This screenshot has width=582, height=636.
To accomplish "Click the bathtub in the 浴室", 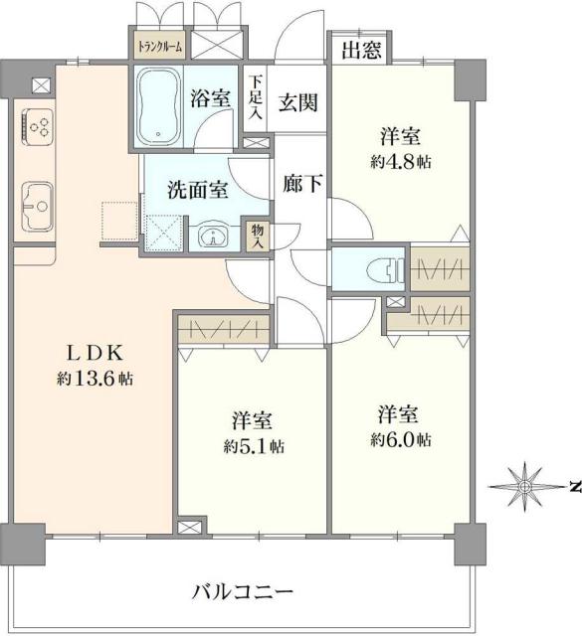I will point(158,106).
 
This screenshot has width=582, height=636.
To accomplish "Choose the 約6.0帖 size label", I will point(404,438).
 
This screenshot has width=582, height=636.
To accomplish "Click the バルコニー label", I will point(243,594).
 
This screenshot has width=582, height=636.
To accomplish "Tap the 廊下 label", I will point(300,185).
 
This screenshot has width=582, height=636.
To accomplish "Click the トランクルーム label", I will point(158,45).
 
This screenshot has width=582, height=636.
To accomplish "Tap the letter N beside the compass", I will point(575,486).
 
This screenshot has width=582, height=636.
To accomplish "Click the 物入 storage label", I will point(257,236).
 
